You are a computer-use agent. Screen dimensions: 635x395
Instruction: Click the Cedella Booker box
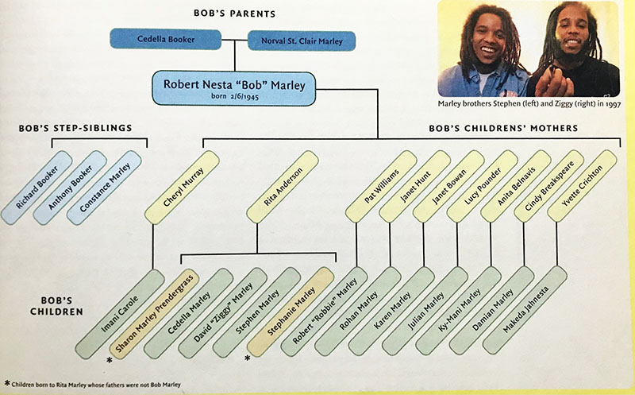(166, 39)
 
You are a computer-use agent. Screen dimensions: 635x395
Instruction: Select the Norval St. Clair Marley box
(302, 41)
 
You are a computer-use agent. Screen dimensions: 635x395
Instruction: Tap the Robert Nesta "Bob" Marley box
(233, 88)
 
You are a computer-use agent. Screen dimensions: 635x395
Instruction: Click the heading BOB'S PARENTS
(234, 14)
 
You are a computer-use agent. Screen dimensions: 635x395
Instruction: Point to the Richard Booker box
(37, 188)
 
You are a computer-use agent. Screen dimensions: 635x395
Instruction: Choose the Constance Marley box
(105, 188)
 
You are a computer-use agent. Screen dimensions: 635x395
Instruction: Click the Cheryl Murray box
(183, 188)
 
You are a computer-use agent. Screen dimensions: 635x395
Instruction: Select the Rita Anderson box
(283, 187)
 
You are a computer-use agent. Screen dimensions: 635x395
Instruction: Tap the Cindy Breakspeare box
(548, 186)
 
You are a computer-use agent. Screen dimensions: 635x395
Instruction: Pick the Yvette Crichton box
(582, 186)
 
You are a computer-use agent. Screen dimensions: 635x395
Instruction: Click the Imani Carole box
(120, 314)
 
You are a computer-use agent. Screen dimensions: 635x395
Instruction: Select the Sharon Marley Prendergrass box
(154, 313)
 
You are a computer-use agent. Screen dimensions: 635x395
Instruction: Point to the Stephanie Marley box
(291, 312)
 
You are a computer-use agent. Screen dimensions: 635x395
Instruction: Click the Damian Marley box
(491, 310)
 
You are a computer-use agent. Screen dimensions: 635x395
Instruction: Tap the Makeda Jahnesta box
(525, 310)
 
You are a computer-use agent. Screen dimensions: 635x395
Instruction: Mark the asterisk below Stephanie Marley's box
(247, 358)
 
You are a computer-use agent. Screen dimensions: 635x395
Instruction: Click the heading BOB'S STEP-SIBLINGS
(75, 129)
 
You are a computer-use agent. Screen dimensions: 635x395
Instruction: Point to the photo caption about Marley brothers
(529, 104)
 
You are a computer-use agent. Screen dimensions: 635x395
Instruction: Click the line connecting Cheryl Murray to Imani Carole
(152, 246)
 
